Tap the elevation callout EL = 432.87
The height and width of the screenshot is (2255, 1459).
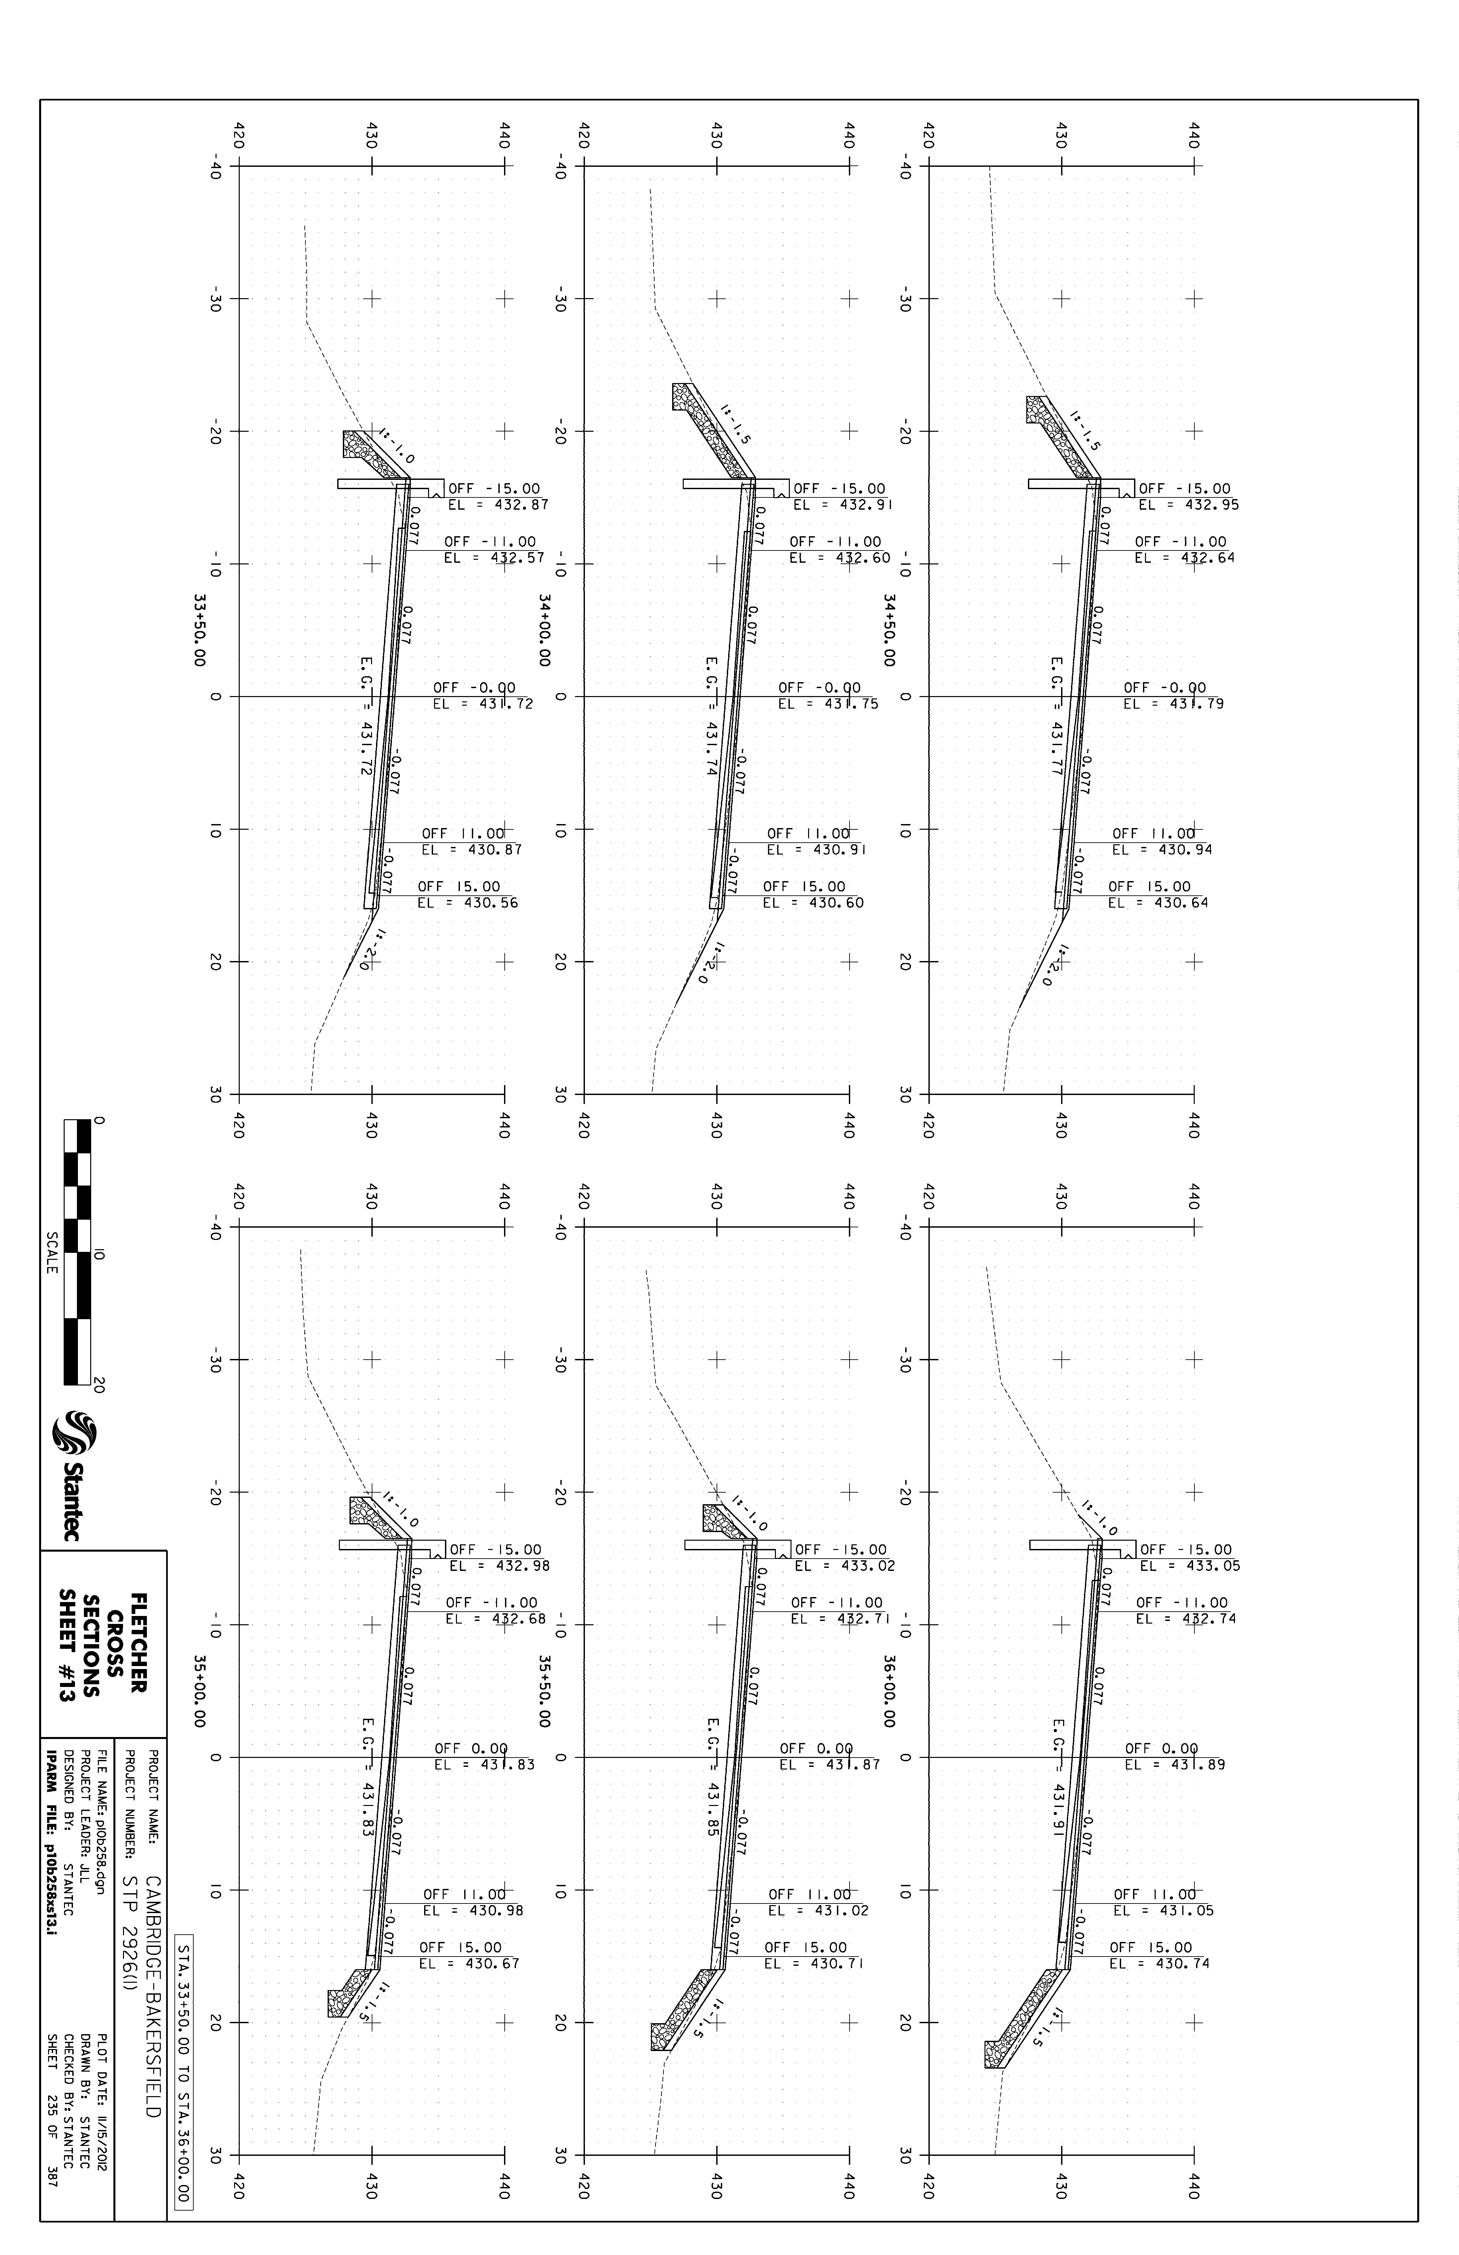498,505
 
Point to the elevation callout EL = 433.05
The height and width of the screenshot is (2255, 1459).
1189,1566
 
